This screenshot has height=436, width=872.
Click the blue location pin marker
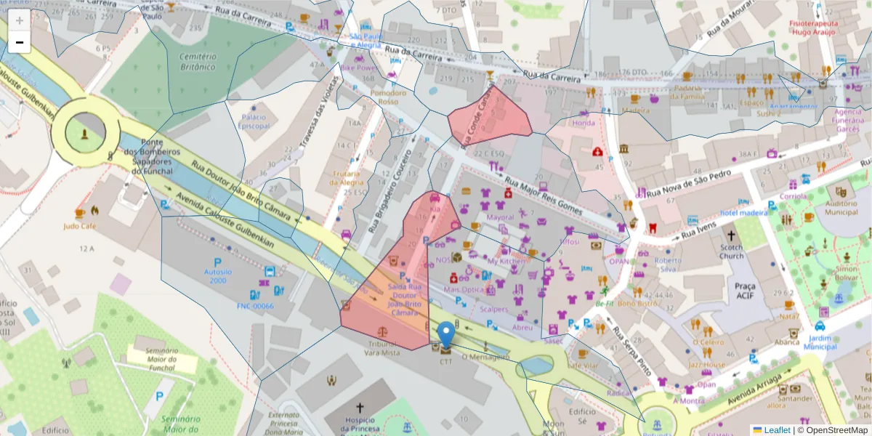[x=447, y=334]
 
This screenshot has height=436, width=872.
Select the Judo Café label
[x=80, y=226]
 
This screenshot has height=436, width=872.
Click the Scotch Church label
[x=732, y=251]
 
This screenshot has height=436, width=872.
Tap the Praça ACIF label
[x=745, y=291]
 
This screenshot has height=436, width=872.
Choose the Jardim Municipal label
[x=820, y=342]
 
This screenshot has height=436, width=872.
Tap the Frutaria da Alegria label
[x=350, y=178]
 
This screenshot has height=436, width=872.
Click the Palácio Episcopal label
[x=255, y=121]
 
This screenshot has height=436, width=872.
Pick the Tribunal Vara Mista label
[x=382, y=348]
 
